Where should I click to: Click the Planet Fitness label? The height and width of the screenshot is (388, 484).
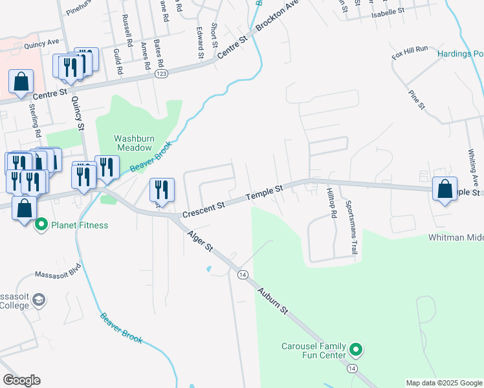81,225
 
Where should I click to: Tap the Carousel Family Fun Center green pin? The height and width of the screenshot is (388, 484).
355,350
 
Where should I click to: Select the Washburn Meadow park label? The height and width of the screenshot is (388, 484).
134,142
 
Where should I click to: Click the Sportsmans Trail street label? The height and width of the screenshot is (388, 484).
351,227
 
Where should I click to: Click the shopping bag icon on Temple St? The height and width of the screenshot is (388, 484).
445,189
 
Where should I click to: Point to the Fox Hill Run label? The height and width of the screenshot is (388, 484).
410,53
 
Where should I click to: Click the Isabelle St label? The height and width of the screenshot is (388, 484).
388,11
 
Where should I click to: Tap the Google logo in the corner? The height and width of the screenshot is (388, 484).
21,380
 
